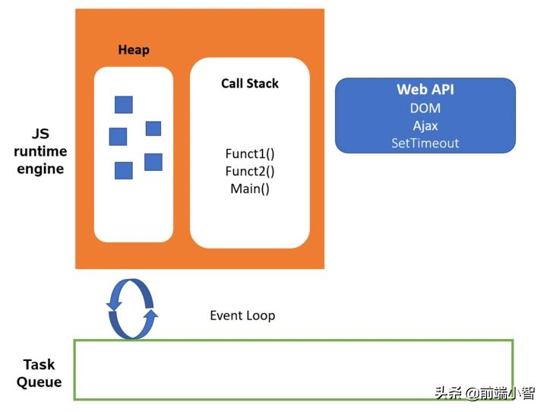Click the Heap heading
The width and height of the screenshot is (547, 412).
[134, 50]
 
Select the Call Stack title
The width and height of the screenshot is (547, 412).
[250, 84]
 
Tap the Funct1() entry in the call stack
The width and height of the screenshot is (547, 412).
[250, 154]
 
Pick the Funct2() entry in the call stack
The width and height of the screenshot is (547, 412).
[250, 171]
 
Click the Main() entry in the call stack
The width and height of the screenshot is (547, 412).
[250, 189]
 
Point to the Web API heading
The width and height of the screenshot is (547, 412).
[425, 90]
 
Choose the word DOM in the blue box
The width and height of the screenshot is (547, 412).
[425, 108]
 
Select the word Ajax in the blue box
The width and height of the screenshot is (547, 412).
[425, 125]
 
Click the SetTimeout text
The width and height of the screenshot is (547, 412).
[425, 143]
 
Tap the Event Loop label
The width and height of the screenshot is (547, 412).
[242, 315]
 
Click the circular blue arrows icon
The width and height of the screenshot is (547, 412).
[132, 309]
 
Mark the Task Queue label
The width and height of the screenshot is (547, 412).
[39, 373]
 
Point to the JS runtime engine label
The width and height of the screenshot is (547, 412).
[40, 151]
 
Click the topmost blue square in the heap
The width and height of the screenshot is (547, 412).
[124, 105]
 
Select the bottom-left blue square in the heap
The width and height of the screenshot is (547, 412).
[124, 170]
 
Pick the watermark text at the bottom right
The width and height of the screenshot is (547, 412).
[484, 393]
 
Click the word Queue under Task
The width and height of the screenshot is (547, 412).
[39, 382]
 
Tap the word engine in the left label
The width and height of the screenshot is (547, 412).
[40, 169]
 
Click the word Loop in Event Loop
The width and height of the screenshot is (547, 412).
[261, 315]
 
